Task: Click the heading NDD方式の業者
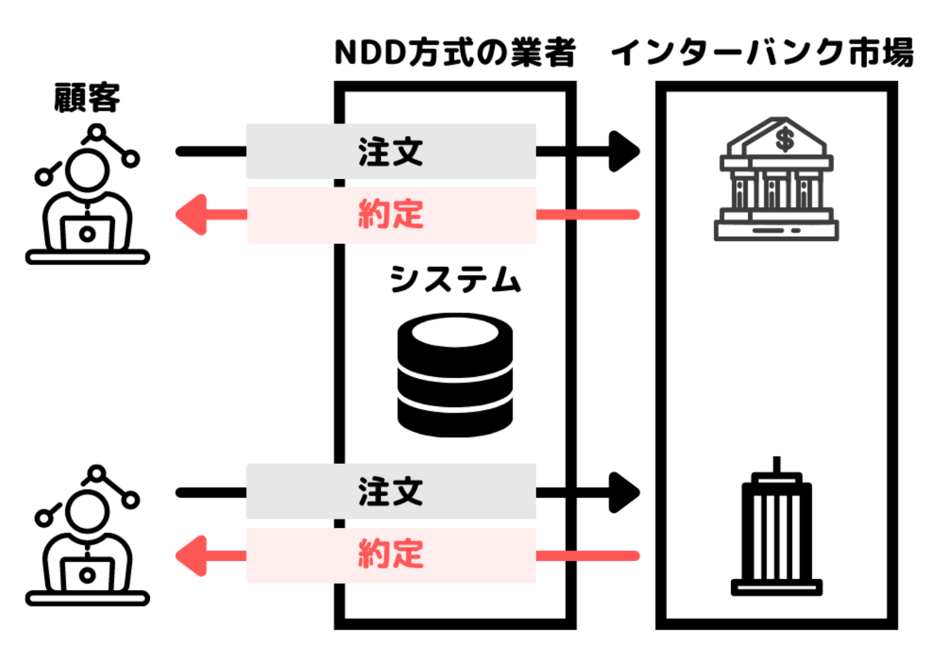(x=455, y=52)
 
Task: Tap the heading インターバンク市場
(x=763, y=52)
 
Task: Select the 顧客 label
(x=87, y=98)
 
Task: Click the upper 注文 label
(x=391, y=151)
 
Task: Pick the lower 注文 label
(x=391, y=491)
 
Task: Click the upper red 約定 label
(x=391, y=215)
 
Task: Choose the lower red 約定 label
(x=391, y=555)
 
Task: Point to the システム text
(x=455, y=279)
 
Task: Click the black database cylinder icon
(x=455, y=375)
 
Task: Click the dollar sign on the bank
(x=785, y=138)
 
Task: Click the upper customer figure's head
(x=87, y=170)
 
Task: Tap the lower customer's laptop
(x=87, y=574)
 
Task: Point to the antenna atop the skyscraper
(x=777, y=465)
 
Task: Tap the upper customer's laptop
(x=87, y=234)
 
